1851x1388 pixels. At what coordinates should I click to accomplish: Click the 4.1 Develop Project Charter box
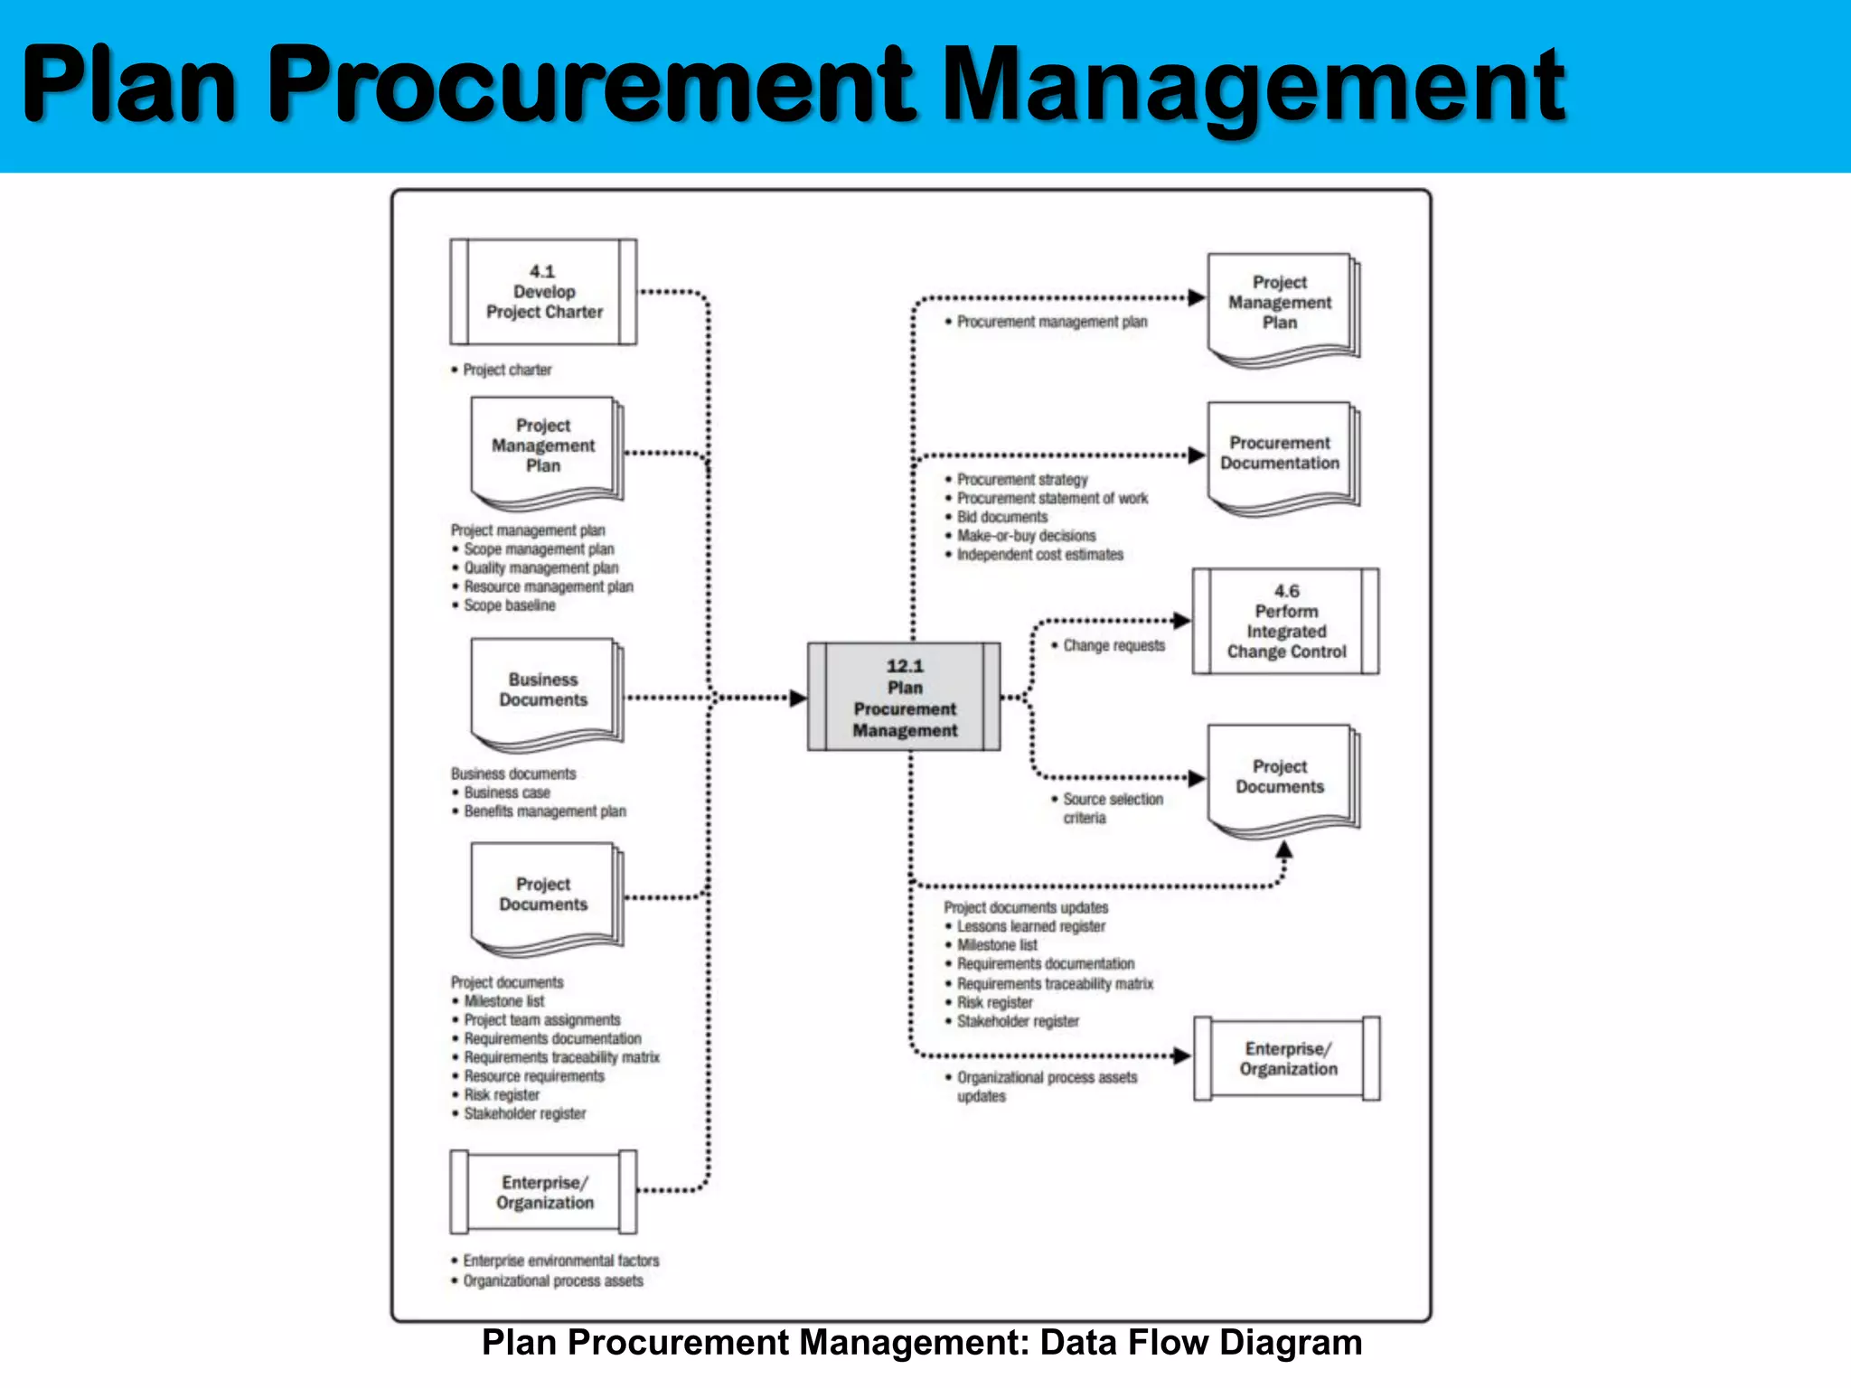coord(543,292)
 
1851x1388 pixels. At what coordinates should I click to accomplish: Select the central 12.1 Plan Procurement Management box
coord(904,697)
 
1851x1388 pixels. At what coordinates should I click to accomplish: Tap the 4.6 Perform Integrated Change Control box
coord(1285,621)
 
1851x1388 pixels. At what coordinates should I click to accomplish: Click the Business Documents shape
coord(543,690)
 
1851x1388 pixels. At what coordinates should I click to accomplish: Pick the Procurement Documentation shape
coord(1280,454)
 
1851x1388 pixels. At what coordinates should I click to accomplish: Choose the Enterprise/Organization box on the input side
coord(543,1192)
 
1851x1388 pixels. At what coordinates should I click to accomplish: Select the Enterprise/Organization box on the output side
coord(1287,1058)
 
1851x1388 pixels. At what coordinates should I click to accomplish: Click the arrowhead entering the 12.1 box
coord(797,698)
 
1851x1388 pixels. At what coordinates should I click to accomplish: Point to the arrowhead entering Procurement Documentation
coord(1197,455)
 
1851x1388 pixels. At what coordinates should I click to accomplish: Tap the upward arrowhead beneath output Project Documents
coord(1283,849)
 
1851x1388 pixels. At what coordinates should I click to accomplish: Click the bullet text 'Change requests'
coord(1113,645)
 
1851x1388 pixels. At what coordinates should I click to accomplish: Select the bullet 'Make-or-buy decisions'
coord(1026,536)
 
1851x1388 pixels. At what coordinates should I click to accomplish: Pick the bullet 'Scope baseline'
coord(510,605)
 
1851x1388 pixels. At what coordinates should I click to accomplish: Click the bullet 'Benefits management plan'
coord(544,811)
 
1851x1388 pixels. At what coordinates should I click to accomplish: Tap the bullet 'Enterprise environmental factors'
coord(560,1261)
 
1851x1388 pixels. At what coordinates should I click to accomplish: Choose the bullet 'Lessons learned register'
coord(1030,926)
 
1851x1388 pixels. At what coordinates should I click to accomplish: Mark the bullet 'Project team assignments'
coord(542,1020)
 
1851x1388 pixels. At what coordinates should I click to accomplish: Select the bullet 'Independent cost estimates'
coord(1039,555)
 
